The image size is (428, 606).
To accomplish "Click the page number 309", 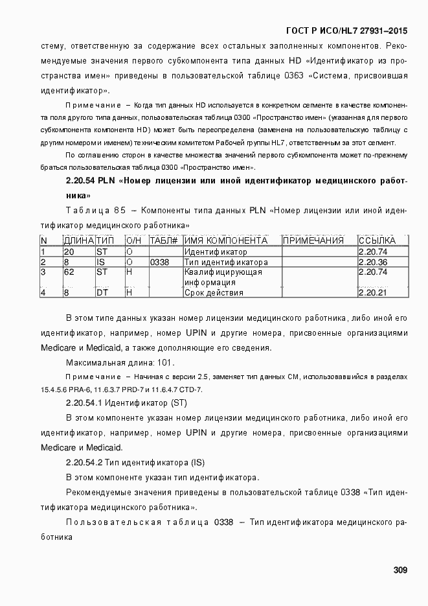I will (x=400, y=570).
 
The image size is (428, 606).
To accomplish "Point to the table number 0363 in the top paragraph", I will (x=293, y=76).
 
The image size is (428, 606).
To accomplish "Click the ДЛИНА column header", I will (x=79, y=241).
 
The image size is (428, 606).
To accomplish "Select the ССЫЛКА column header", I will (x=377, y=241).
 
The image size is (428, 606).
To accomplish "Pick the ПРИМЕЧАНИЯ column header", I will (x=313, y=241).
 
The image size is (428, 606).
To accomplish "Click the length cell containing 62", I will (x=69, y=272).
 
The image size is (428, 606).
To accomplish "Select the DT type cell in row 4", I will (x=102, y=293).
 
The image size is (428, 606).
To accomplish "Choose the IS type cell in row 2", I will (x=100, y=262).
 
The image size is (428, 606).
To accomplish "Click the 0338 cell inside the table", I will (x=159, y=262).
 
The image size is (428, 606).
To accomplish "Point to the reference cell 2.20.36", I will (x=373, y=262).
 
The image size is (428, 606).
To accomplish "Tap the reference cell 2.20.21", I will (x=373, y=293).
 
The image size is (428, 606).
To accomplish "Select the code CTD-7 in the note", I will (x=190, y=389).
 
